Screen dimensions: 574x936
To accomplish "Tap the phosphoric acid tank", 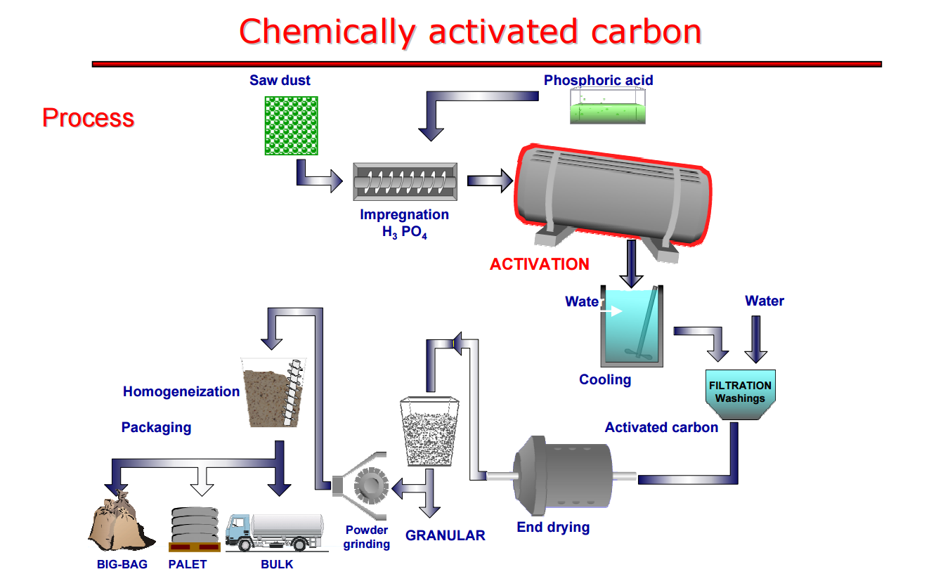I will point(606,111).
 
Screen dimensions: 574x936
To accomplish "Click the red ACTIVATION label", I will point(539,264).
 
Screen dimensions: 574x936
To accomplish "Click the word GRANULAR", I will point(445,535).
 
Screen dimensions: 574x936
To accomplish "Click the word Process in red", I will point(88,117).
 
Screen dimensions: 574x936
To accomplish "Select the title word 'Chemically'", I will point(327,32).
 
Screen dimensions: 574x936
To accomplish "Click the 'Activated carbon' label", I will point(661,427).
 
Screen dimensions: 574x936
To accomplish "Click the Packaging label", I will point(156,427).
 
